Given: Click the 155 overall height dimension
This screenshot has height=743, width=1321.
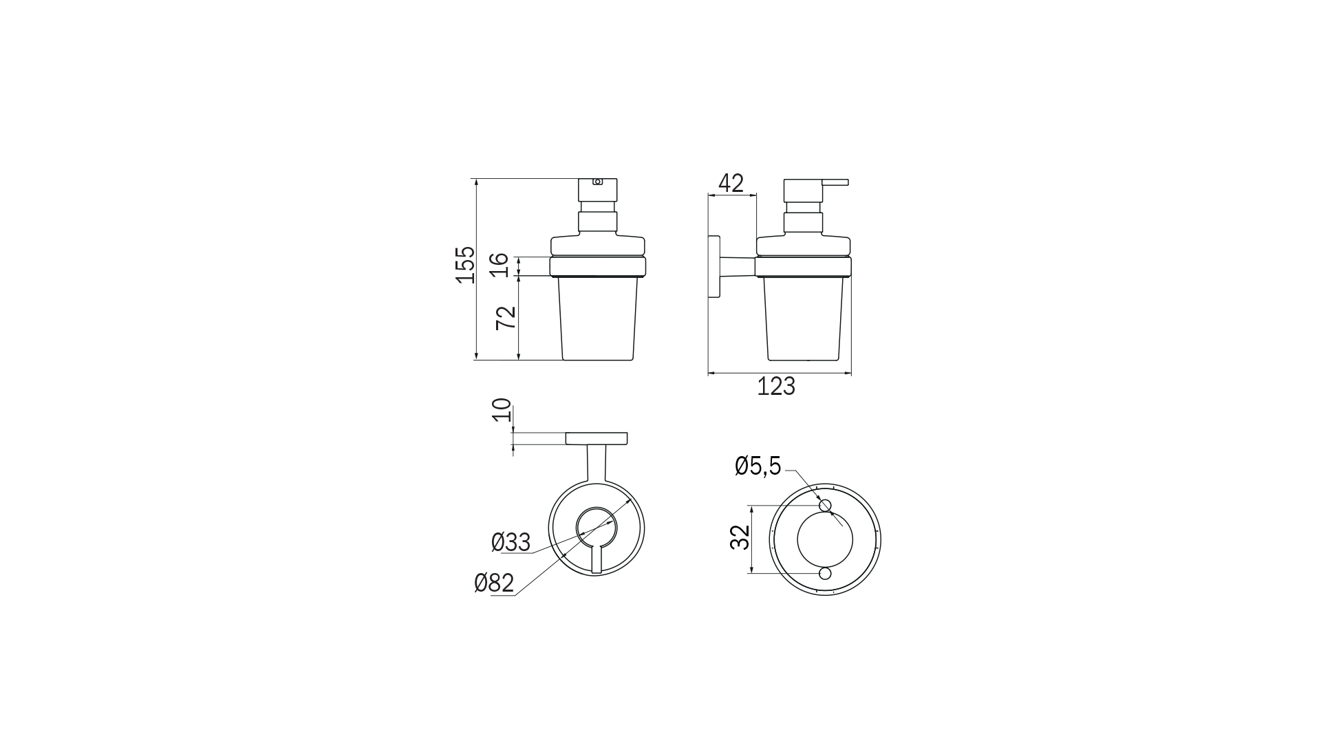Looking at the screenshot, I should [466, 263].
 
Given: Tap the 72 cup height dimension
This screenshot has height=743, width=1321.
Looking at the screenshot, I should [506, 318].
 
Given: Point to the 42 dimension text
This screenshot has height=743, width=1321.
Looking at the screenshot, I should [731, 183].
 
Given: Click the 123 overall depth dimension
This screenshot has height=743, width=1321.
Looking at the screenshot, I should [776, 387].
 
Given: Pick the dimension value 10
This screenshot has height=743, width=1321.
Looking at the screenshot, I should [504, 410].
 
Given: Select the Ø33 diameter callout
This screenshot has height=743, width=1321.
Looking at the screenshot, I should [511, 543].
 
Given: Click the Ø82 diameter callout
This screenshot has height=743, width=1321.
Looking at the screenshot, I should [494, 583].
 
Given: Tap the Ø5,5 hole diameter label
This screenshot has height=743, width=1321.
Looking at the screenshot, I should [758, 466].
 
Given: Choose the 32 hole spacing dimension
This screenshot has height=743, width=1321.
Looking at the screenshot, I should [740, 538].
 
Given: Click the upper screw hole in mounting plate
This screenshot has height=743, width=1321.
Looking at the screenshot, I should [826, 506].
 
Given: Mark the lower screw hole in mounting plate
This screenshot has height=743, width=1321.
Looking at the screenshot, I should [826, 573].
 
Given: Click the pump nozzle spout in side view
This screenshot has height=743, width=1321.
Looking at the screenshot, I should [835, 182].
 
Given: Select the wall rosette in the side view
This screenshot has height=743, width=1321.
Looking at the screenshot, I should [714, 268].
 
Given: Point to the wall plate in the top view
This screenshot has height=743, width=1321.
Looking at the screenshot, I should [597, 438].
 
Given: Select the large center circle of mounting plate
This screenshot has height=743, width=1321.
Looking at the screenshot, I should [825, 539].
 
